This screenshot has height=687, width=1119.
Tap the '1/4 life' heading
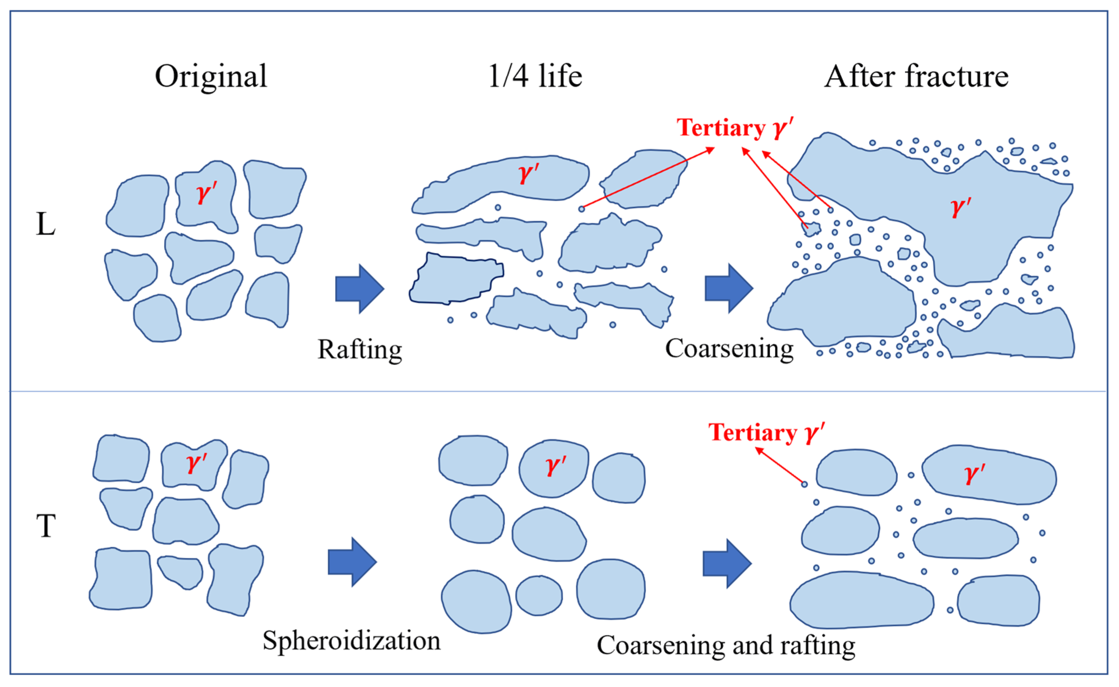[535, 76]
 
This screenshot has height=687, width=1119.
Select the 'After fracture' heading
[916, 76]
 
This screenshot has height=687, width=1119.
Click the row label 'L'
[46, 224]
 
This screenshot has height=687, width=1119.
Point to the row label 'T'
[46, 526]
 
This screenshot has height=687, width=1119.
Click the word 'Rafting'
[360, 350]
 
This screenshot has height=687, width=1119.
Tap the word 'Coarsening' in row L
[729, 349]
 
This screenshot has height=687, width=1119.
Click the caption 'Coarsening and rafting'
[726, 645]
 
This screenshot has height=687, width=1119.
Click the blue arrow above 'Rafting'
[360, 289]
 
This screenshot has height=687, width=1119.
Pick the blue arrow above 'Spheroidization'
[352, 562]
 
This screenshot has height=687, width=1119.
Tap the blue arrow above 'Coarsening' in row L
[729, 289]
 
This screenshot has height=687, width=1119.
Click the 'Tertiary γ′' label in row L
[735, 128]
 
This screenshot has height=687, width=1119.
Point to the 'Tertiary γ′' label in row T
[767, 433]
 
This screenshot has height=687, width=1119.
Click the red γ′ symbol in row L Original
[207, 192]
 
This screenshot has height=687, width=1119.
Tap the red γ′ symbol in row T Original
[197, 463]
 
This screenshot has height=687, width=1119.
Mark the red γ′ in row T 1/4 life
[556, 465]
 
